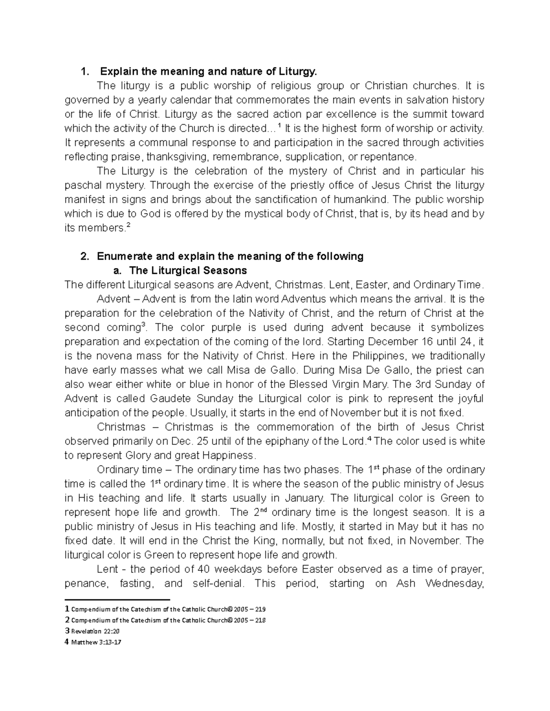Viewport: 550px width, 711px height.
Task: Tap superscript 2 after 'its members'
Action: tap(128, 225)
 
